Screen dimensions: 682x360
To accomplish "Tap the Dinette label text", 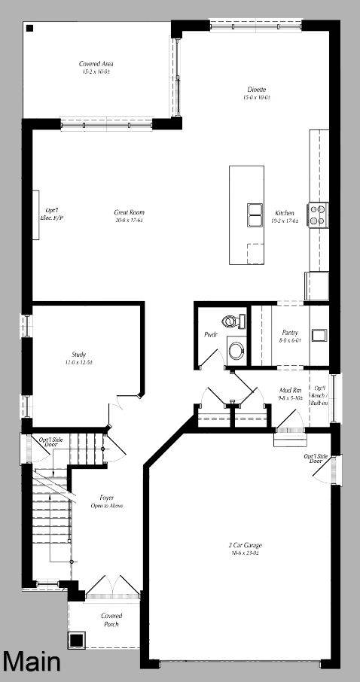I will pyautogui.click(x=254, y=90).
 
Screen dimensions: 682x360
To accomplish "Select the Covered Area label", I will pyautogui.click(x=96, y=64).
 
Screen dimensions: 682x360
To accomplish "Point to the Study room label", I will pyautogui.click(x=78, y=354).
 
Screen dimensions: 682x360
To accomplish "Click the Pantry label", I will pyautogui.click(x=291, y=332).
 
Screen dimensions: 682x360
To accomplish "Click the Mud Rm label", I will pyautogui.click(x=291, y=390).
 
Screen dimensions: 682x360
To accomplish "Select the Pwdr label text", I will pyautogui.click(x=211, y=334).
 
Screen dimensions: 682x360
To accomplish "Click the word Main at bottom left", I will pyautogui.click(x=32, y=662).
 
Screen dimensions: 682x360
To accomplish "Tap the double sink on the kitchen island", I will pyautogui.click(x=254, y=215).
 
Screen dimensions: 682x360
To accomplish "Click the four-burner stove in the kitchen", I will pyautogui.click(x=317, y=215).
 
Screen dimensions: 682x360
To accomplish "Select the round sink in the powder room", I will pyautogui.click(x=236, y=350).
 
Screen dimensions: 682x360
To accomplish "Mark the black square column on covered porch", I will pyautogui.click(x=76, y=640).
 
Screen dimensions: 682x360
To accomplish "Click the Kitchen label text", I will pyautogui.click(x=284, y=212).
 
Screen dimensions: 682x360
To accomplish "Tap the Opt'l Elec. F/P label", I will pyautogui.click(x=52, y=214).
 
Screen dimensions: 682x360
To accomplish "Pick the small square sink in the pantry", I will pyautogui.click(x=319, y=334).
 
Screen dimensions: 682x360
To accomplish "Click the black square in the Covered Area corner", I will pyautogui.click(x=29, y=29).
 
